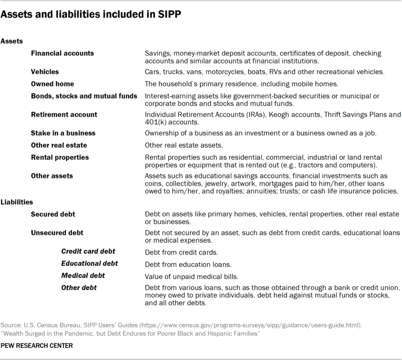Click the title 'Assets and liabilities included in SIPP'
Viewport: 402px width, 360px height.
pos(91,15)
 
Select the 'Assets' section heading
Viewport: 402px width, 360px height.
pos(12,41)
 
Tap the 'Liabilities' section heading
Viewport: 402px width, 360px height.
pos(17,202)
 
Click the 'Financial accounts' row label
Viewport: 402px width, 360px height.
pos(62,53)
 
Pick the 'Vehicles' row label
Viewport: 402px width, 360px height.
pos(45,72)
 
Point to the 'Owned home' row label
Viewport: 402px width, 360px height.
pos(52,84)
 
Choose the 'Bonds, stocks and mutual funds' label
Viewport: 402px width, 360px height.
pos(84,96)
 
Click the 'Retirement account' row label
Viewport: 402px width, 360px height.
pos(64,115)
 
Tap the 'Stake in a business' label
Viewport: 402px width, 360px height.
pos(63,133)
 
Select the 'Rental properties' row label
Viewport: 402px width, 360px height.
pos(60,157)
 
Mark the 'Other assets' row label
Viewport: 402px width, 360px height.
pos(52,176)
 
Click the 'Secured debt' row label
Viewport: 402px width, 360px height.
pos(53,214)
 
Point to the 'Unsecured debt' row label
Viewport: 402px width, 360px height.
pos(57,233)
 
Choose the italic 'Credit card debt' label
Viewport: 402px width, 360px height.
pos(88,251)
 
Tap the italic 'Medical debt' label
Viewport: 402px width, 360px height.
pos(83,275)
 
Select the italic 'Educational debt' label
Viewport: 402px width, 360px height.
pos(90,263)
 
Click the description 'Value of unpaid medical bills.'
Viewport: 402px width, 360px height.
pos(192,276)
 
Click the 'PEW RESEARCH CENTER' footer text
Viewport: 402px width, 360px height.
pos(37,345)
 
